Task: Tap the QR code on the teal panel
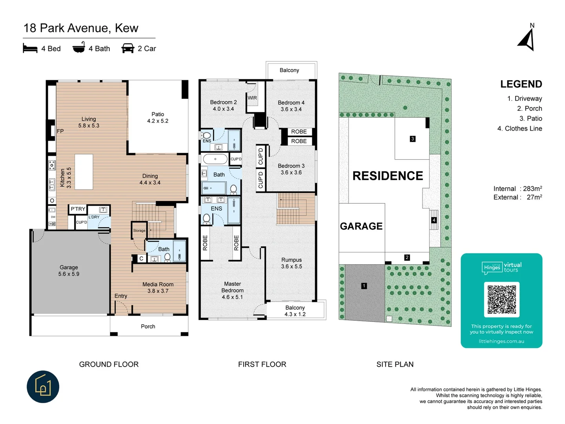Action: (501, 299)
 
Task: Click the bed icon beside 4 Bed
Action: (30, 48)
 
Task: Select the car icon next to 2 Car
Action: (128, 48)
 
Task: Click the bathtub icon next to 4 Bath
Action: (79, 48)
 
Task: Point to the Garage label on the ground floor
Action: (69, 270)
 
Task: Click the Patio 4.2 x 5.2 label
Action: (158, 117)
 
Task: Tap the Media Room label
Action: (158, 287)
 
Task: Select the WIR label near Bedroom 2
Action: (252, 98)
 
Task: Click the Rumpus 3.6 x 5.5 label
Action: (292, 263)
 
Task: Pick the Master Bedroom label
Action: (232, 290)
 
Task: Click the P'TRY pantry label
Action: (78, 209)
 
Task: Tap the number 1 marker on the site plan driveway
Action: (364, 286)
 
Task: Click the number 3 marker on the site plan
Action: (412, 139)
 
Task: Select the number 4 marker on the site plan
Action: (434, 220)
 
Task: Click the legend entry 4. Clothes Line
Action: (519, 128)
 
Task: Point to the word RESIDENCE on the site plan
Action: (388, 176)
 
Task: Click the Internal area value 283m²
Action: (532, 188)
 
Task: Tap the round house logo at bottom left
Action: (43, 387)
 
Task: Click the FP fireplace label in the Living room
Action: (60, 131)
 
